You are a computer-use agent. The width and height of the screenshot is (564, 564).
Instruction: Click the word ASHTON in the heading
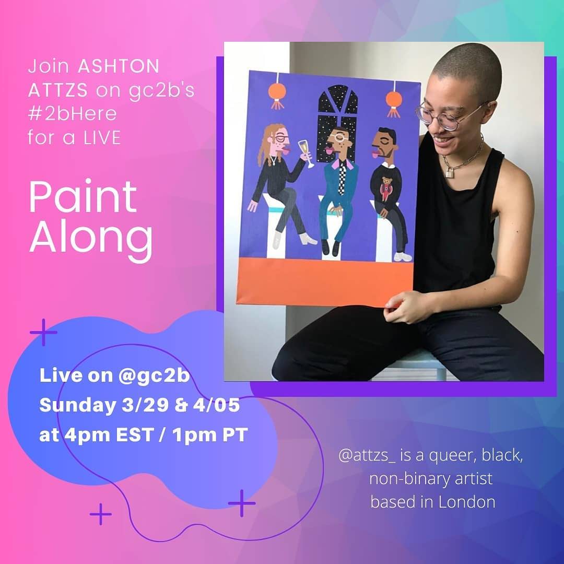119,66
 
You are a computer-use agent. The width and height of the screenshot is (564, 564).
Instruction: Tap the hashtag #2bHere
72,114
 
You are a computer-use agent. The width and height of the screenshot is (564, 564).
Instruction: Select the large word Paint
83,196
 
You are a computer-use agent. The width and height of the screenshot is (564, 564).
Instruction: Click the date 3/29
145,405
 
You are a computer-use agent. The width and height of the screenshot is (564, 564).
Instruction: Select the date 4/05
216,405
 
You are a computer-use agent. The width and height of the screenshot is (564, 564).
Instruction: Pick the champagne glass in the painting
305,153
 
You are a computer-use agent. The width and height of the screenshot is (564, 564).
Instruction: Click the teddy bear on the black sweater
386,187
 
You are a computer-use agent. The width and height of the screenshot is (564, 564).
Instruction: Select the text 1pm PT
210,434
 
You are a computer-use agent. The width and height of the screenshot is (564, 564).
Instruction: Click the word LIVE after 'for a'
102,138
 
